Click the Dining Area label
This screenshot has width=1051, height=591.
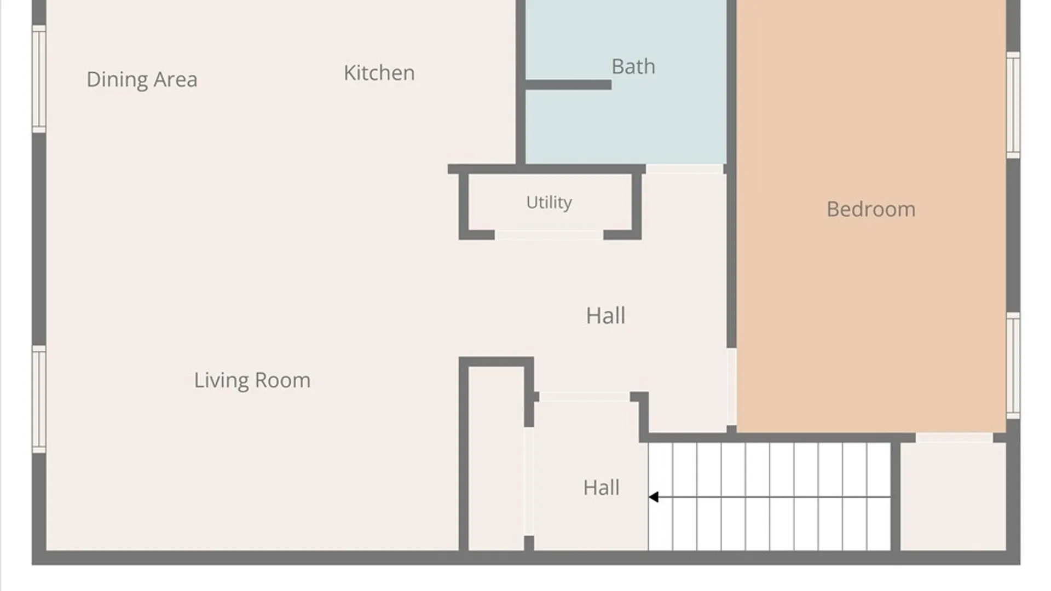(x=142, y=80)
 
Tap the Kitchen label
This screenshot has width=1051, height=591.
(x=379, y=73)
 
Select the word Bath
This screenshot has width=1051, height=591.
(x=633, y=66)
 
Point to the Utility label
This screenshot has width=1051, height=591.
(x=549, y=202)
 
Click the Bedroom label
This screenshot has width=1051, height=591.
(x=871, y=209)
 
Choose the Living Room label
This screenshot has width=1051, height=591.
(x=252, y=380)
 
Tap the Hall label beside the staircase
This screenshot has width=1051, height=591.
(x=601, y=488)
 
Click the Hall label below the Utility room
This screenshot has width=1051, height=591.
(x=605, y=316)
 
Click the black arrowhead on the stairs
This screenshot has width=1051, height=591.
(x=654, y=497)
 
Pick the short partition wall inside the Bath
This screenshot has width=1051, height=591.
(x=568, y=85)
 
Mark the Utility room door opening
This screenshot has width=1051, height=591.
(x=549, y=235)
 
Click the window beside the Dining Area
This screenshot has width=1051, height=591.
(x=39, y=79)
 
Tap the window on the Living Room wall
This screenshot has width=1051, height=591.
(x=39, y=399)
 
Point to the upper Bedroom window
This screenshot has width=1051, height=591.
(x=1013, y=105)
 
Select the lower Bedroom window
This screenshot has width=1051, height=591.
(x=1013, y=366)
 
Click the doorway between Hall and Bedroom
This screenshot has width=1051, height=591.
(x=731, y=387)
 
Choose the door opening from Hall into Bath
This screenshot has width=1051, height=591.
(x=685, y=169)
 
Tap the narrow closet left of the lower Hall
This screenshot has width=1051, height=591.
(x=496, y=459)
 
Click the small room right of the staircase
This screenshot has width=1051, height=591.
(x=953, y=496)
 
